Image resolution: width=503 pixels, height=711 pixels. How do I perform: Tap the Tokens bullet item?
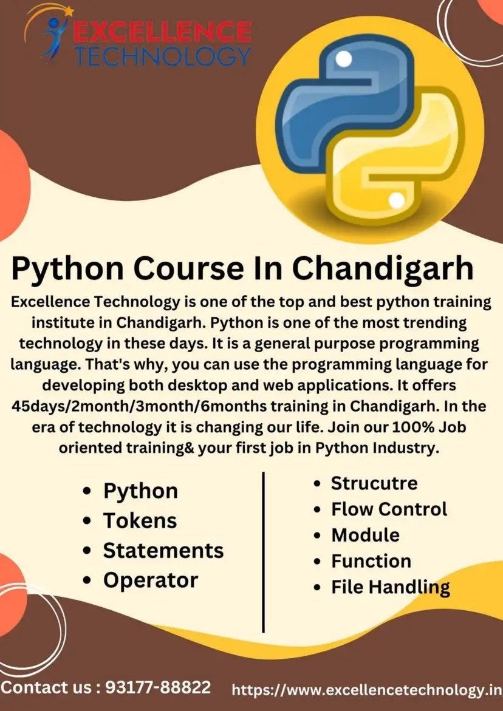coord(140,521)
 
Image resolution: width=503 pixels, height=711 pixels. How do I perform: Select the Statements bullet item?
coord(163,551)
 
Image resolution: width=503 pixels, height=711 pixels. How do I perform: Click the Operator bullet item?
coord(150,580)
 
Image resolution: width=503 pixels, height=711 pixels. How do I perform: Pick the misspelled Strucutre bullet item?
coord(374,483)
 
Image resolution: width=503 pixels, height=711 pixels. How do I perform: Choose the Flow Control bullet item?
coord(389,509)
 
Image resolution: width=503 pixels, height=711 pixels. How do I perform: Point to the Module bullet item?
coord(365,535)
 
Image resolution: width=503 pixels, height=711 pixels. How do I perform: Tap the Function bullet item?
coord(371,561)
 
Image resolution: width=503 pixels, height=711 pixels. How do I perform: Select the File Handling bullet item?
coord(390,587)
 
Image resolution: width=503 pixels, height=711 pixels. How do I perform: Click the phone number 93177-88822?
coord(158,688)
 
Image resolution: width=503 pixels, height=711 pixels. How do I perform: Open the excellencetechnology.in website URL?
coord(367,690)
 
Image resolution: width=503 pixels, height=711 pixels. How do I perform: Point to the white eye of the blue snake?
coord(343,60)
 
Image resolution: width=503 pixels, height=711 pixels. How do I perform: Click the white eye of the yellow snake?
coord(395,200)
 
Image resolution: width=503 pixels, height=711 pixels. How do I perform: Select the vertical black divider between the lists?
coord(263,551)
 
